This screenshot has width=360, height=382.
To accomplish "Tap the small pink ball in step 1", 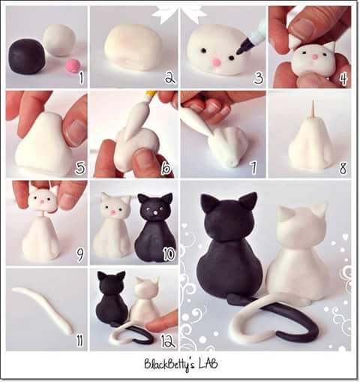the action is tap(73, 66).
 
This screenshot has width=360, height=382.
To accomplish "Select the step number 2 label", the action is tap(170, 77).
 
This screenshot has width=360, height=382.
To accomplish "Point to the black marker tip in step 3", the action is tap(241, 49).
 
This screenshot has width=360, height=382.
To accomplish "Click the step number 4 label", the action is tap(343, 78).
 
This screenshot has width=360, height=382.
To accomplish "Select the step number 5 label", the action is tap(80, 167).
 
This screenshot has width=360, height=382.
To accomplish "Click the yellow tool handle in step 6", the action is tap(151, 95).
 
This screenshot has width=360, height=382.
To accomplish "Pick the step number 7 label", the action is tap(253, 167).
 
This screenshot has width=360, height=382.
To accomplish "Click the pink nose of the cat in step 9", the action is tap(42, 203).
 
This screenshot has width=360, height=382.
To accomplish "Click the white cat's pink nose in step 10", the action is tap(114, 212).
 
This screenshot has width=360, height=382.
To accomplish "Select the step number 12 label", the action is tap(168, 341).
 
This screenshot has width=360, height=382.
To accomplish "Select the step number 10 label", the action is tap(169, 254).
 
